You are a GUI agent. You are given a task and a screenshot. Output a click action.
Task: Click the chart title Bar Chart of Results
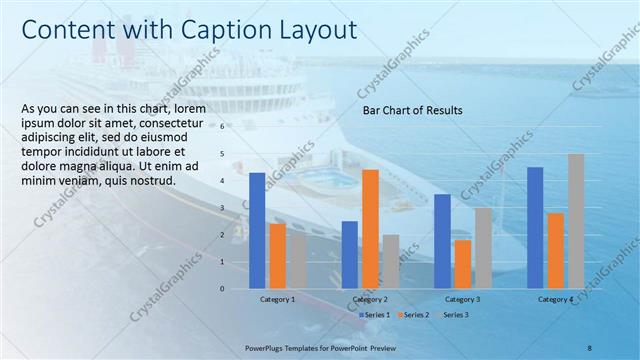412,111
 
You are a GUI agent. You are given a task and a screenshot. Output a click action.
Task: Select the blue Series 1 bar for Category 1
257,230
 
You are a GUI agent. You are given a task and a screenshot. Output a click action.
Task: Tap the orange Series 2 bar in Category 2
370,228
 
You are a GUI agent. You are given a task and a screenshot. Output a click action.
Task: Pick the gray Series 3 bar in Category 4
576,220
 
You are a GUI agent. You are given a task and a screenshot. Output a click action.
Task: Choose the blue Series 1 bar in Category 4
535,227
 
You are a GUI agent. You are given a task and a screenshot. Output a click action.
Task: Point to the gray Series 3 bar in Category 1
298,261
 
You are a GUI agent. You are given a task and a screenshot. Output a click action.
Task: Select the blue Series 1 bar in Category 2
349,254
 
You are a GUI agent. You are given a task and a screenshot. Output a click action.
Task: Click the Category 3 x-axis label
462,299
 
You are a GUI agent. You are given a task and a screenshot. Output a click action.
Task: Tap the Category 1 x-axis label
277,299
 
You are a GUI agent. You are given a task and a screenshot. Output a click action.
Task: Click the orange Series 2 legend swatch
401,315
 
